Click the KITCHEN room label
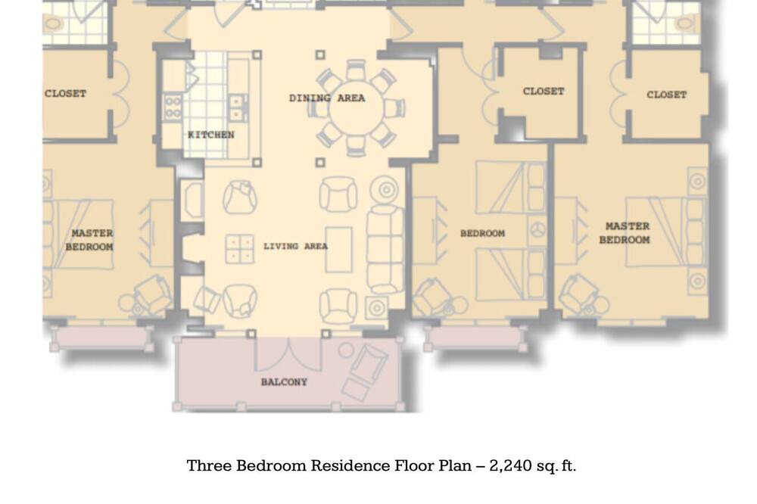(x=211, y=135)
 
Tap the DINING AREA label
(x=327, y=98)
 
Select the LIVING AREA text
(x=295, y=246)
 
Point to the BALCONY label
(x=284, y=382)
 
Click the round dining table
(x=357, y=109)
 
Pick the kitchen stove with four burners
(x=173, y=107)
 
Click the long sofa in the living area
(x=385, y=249)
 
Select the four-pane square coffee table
(x=239, y=249)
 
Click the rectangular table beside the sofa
(x=338, y=250)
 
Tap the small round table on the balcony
(x=346, y=350)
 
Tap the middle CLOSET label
(x=543, y=92)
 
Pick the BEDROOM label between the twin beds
(x=482, y=233)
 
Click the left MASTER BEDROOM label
(x=90, y=240)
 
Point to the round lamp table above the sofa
(x=385, y=190)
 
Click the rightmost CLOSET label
(x=666, y=95)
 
